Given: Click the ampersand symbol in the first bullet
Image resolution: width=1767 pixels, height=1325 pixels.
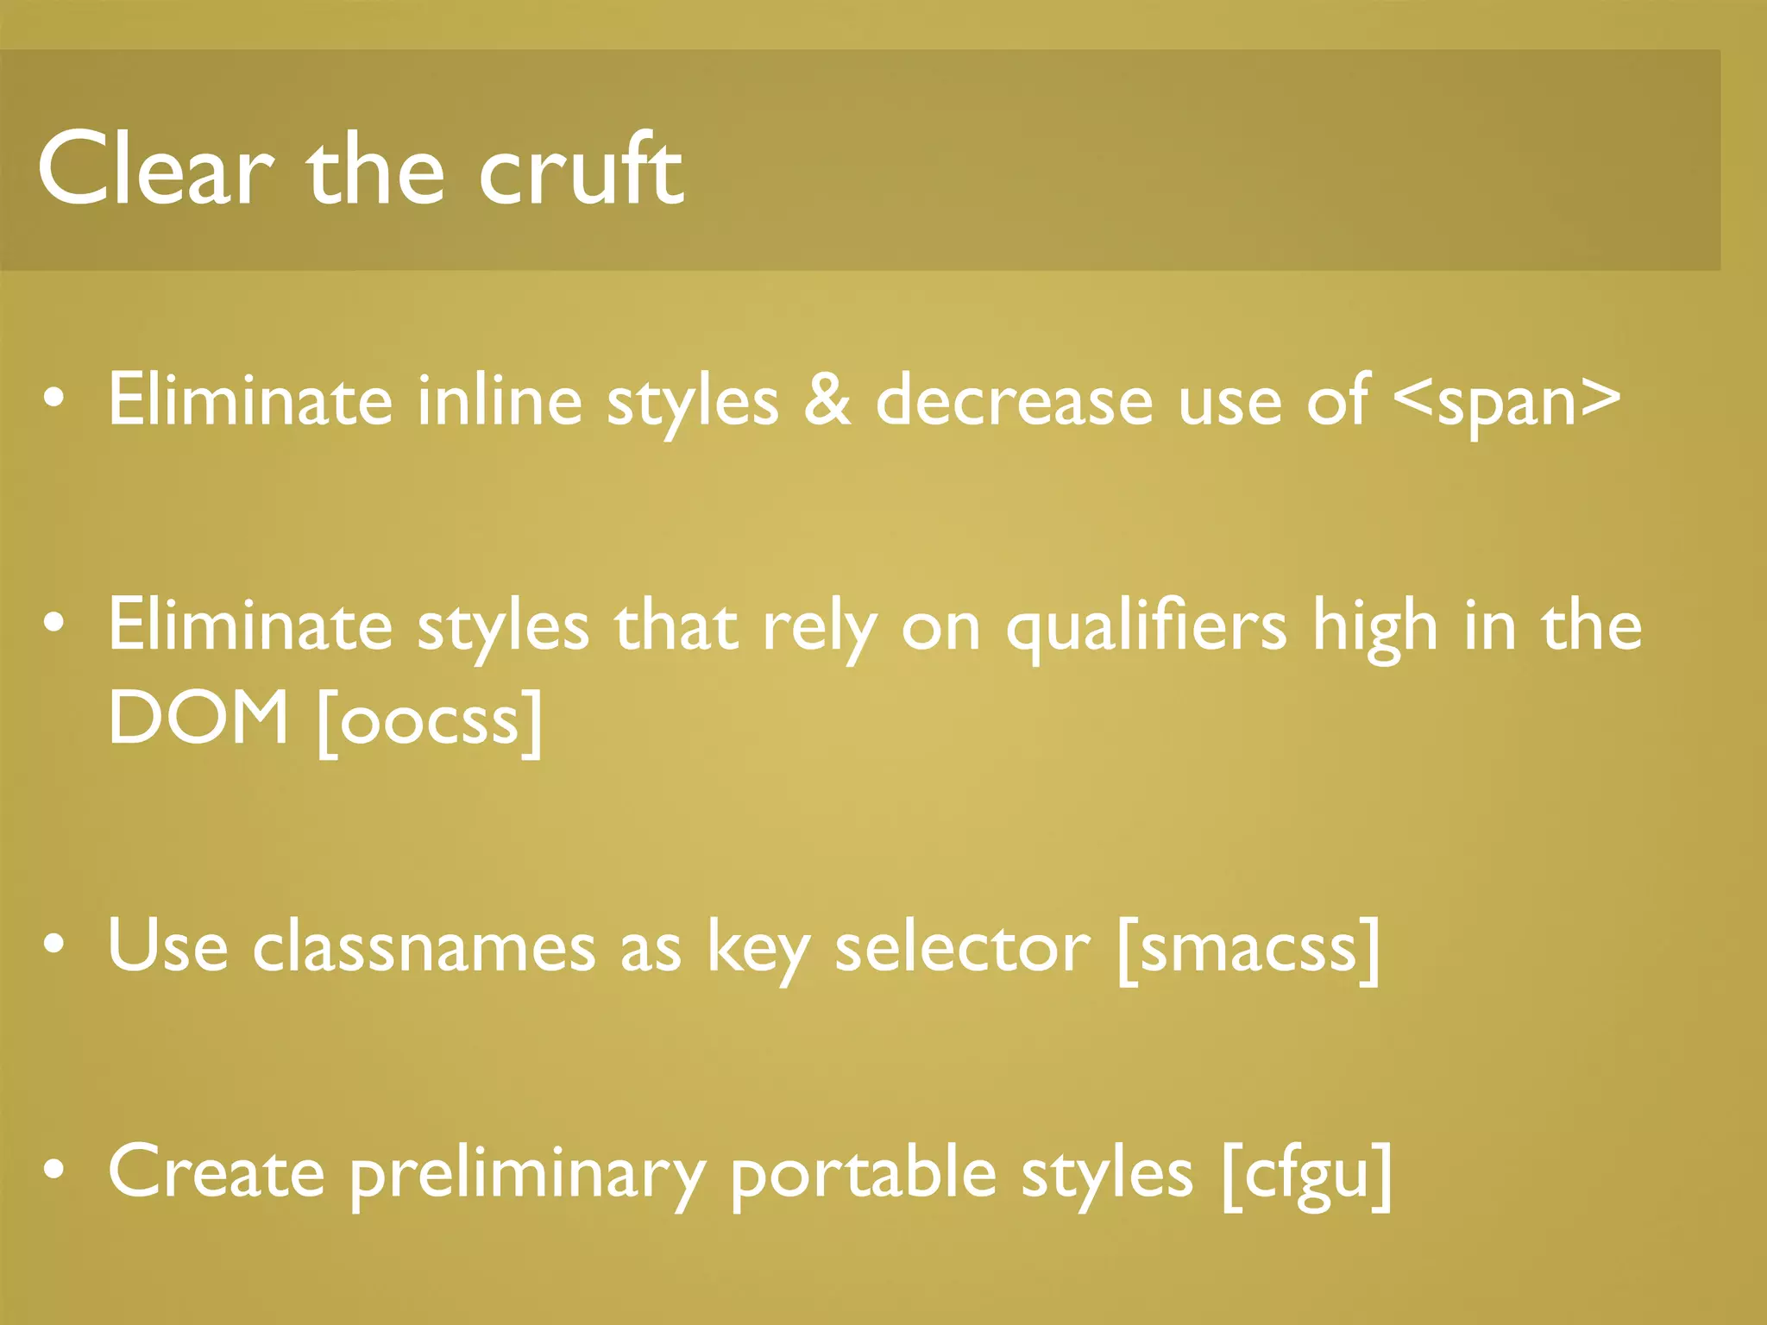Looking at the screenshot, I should click(x=827, y=399).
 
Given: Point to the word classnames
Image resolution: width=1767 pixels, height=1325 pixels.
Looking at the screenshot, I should click(x=424, y=946).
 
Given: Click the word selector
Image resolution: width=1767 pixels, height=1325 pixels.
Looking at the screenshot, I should click(x=962, y=947).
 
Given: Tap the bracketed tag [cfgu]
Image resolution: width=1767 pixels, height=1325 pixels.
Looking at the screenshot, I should click(x=1307, y=1173).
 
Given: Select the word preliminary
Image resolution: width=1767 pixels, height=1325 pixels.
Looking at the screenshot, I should click(x=527, y=1173).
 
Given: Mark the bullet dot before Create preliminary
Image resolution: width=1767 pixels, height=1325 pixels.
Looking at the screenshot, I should click(x=53, y=1170).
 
